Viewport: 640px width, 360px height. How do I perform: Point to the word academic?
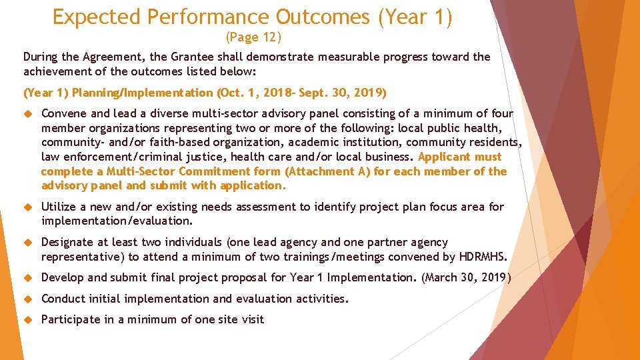click(310, 143)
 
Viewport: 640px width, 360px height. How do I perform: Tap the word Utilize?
click(59, 207)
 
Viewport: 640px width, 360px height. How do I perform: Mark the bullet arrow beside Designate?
click(27, 243)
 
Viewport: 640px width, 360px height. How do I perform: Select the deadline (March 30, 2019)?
click(465, 278)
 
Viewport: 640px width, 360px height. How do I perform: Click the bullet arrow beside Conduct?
click(27, 299)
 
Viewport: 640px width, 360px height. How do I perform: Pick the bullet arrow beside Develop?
click(27, 278)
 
